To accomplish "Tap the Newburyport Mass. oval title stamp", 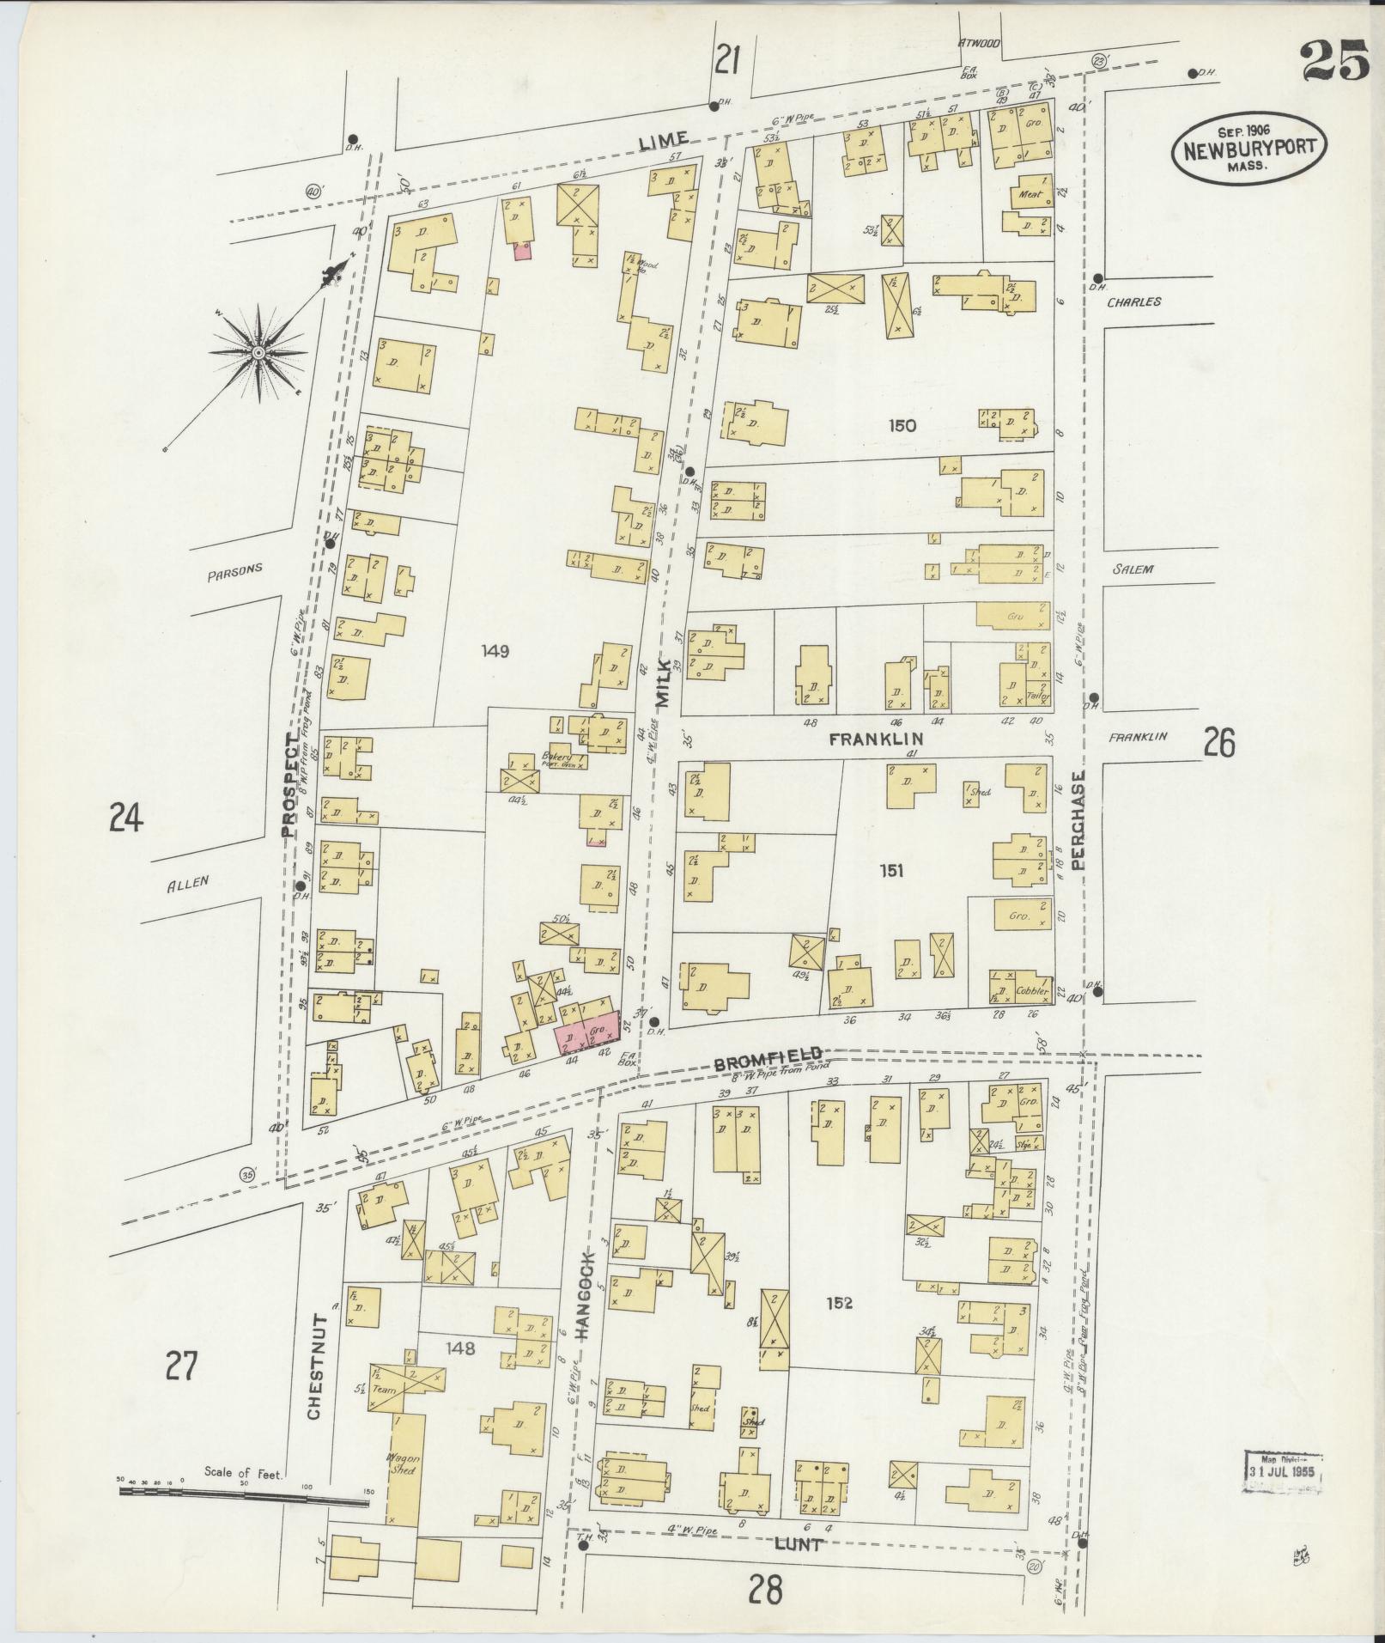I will click(x=1248, y=150).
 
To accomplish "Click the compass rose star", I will click(x=258, y=353).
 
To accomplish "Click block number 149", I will click(x=495, y=652).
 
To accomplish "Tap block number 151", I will click(x=891, y=872).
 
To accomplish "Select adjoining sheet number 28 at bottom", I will click(x=764, y=1591).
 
